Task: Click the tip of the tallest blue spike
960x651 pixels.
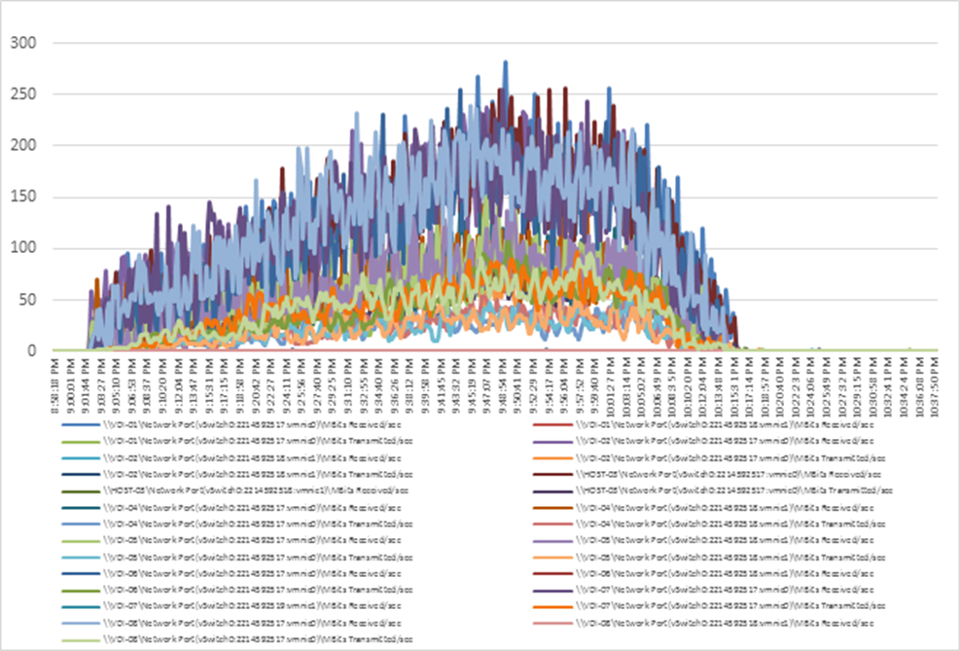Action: point(506,62)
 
